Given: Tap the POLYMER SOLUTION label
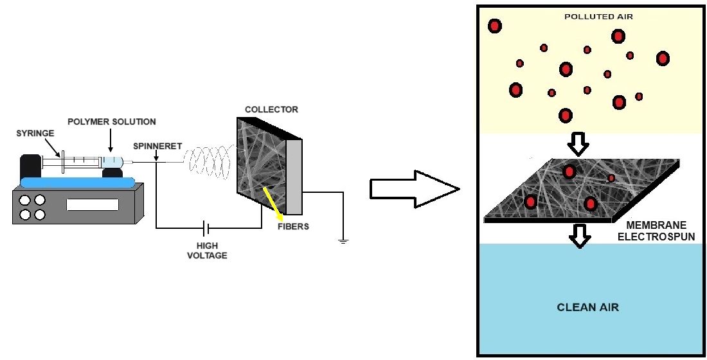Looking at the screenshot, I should [112, 122].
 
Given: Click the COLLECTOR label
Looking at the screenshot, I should [271, 109].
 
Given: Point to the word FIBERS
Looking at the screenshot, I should [293, 226].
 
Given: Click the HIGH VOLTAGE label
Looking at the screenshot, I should [211, 250].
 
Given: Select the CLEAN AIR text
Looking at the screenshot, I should [587, 307].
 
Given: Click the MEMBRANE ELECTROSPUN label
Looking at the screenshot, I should [656, 231].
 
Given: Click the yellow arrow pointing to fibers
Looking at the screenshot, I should [273, 204].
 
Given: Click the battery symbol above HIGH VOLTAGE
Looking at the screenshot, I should [206, 228].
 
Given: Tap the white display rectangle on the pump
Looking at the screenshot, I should [93, 205].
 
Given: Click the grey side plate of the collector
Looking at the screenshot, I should [293, 177].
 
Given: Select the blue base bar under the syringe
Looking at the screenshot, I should [77, 183].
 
